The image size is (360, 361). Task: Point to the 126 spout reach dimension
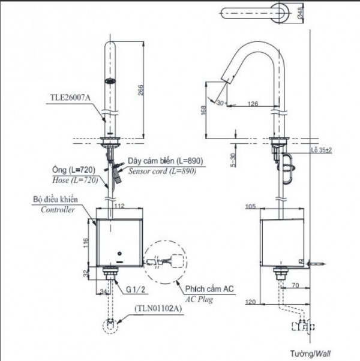pyautogui.click(x=252, y=104)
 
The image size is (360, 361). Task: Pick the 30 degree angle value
pyautogui.click(x=220, y=103)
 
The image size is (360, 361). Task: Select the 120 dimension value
pyautogui.click(x=250, y=302)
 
